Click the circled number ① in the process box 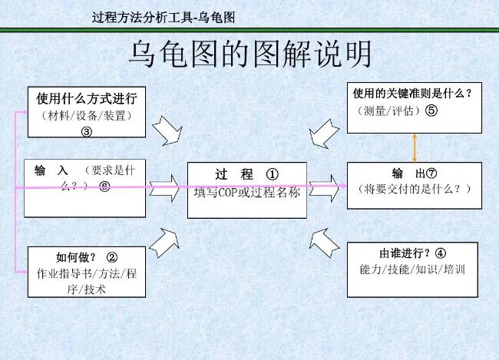(x=272, y=174)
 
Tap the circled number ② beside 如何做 (x=112, y=257)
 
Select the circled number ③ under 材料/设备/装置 (x=87, y=132)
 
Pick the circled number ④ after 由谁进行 (x=441, y=253)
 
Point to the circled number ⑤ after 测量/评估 (x=431, y=111)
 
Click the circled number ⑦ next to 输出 (x=431, y=173)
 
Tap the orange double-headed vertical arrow (x=415, y=148)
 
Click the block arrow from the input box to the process (x=164, y=188)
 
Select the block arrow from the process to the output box (x=325, y=188)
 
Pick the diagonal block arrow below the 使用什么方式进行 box (x=167, y=130)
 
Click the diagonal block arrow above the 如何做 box (x=164, y=243)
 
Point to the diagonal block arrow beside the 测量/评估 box (x=324, y=134)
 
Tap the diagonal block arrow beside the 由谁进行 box (x=324, y=243)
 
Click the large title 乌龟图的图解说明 (x=250, y=54)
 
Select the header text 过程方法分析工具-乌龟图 (x=164, y=17)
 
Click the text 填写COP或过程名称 (x=247, y=193)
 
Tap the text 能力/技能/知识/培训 (x=412, y=269)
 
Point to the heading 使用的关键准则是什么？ (x=412, y=94)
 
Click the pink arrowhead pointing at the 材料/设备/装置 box (x=25, y=112)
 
